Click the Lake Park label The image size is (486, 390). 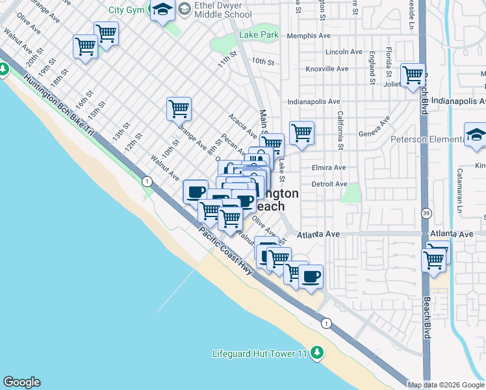[259, 34]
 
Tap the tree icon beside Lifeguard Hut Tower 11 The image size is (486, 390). [316, 353]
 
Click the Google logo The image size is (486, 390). [21, 382]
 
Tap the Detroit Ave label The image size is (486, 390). [329, 184]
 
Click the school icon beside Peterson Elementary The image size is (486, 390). [476, 135]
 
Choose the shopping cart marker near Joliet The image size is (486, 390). [413, 75]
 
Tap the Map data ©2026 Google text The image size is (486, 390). [446, 385]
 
